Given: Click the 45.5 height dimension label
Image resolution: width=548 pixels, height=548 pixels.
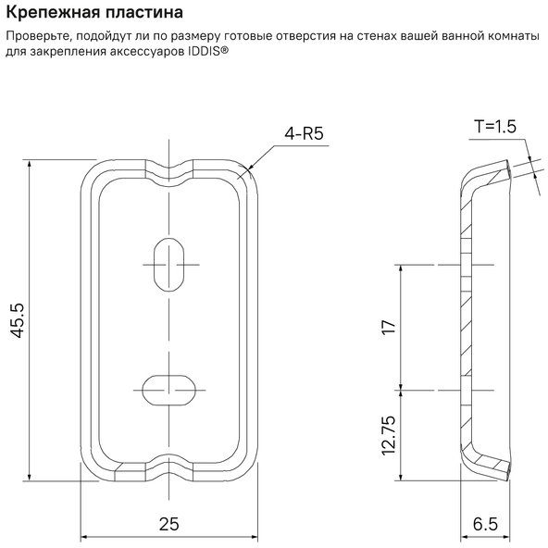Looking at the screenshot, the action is coord(18,320).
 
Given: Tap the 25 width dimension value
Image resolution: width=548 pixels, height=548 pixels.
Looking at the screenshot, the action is coord(169,524).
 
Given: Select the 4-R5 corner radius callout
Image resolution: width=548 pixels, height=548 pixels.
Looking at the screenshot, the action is coord(304,133).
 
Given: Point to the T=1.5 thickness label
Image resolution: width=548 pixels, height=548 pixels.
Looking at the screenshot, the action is coord(495,127).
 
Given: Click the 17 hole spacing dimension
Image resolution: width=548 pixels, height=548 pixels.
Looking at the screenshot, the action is coord(389,327).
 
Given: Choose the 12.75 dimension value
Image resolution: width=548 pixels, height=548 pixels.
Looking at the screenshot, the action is coord(389,435).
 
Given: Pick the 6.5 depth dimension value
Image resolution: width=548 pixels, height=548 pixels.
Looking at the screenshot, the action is coord(485,524).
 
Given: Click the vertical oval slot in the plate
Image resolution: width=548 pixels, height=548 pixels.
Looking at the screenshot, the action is coord(169,265).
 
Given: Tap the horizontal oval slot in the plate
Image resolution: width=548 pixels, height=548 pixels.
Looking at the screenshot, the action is coord(169,390).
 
